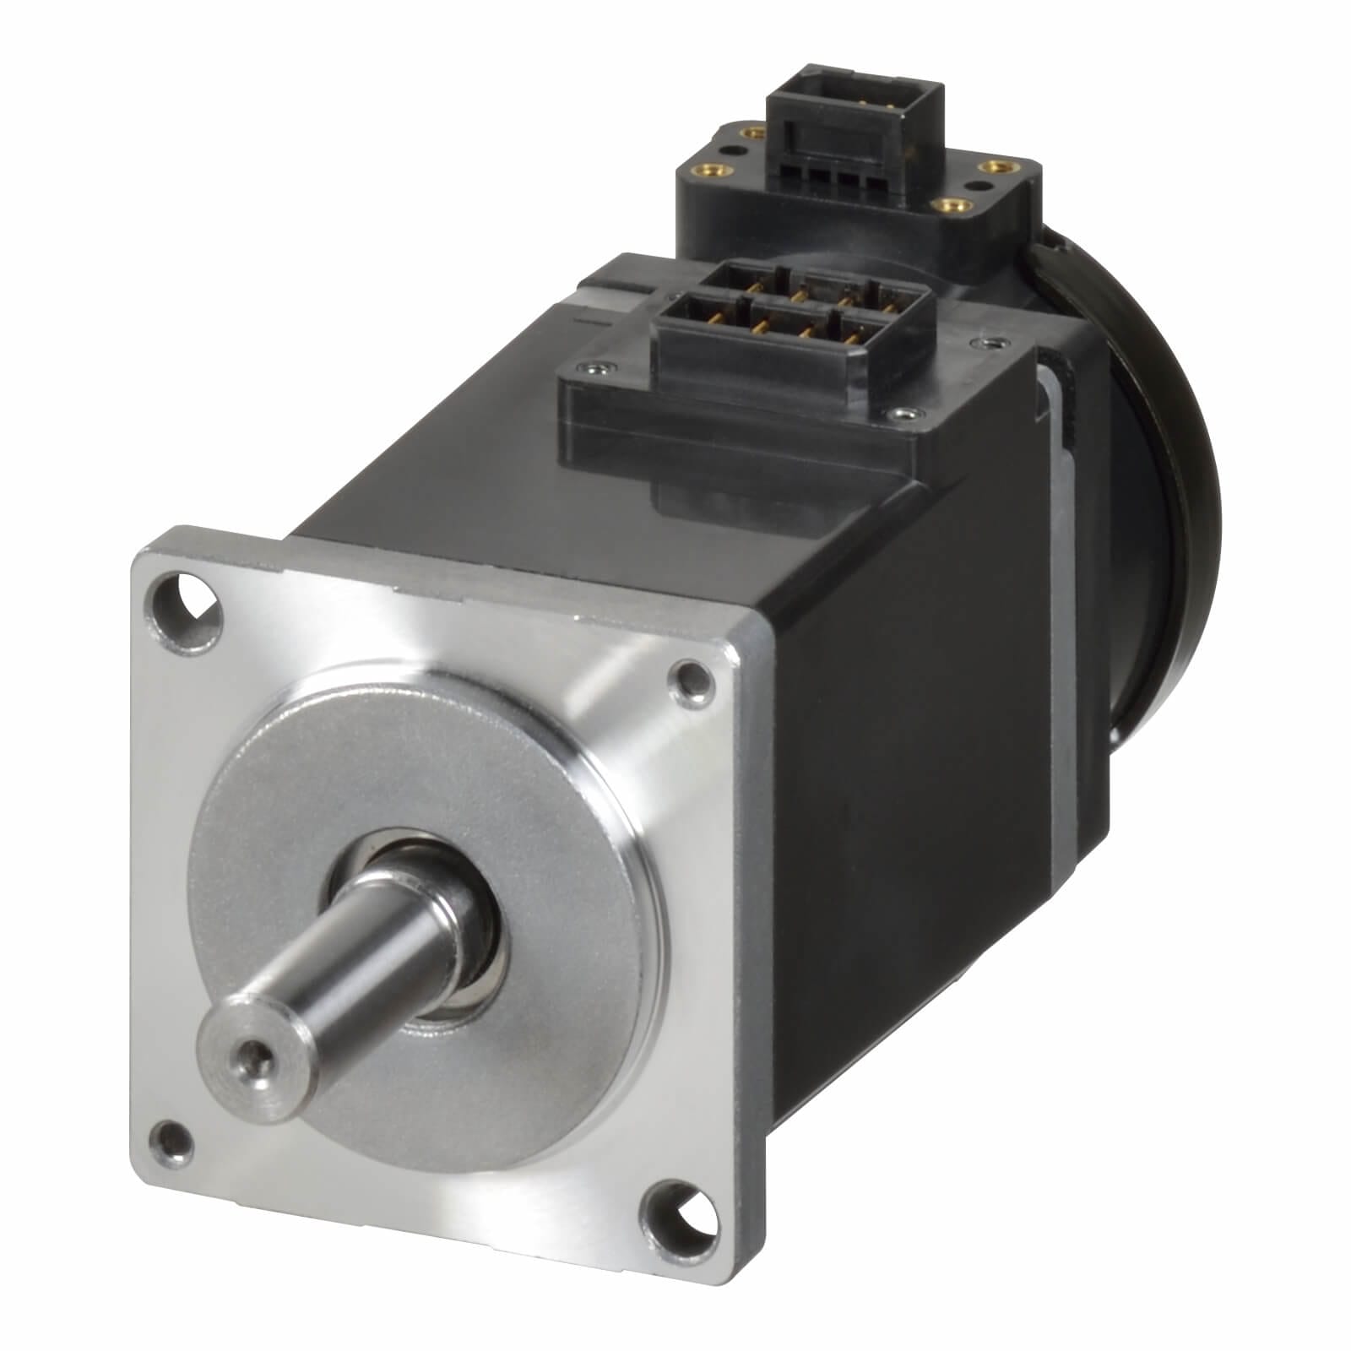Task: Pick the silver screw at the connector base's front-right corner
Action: tap(905, 414)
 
